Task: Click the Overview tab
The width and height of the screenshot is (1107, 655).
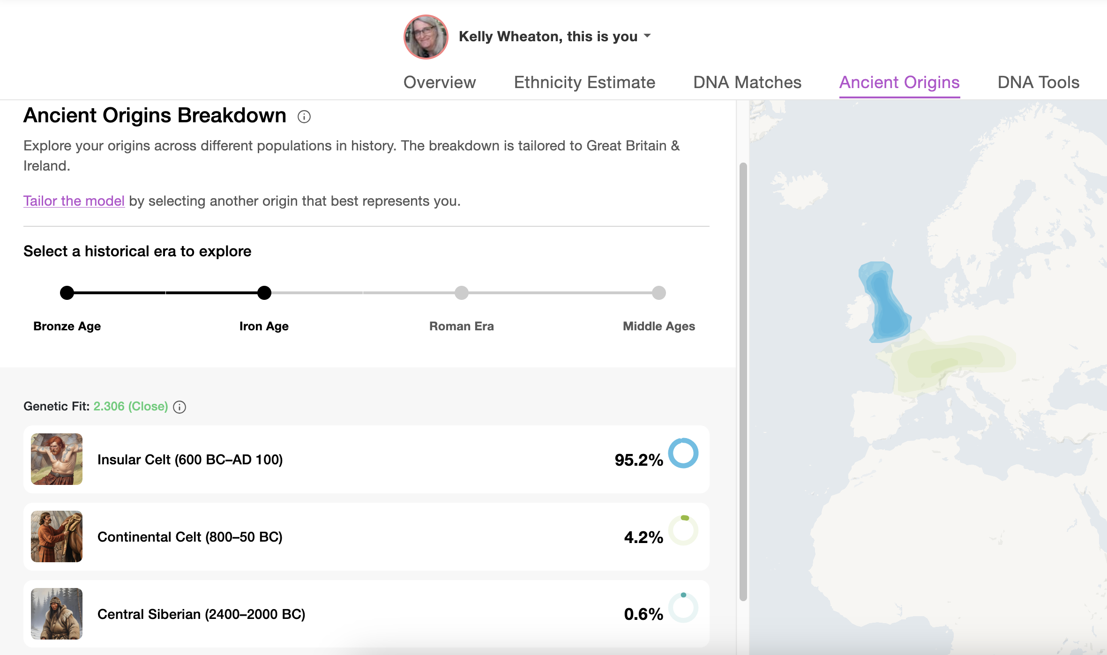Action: click(440, 82)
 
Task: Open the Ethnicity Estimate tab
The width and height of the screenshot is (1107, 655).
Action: click(584, 82)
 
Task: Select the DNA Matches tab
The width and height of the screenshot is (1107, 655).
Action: click(747, 82)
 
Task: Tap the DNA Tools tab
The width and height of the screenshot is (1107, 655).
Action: click(1038, 82)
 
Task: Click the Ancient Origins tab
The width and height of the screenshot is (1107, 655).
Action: click(899, 82)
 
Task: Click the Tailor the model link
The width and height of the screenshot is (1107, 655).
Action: click(74, 201)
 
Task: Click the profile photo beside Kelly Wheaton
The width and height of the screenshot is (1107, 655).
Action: click(426, 37)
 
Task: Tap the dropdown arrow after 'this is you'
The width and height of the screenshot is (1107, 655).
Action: click(647, 36)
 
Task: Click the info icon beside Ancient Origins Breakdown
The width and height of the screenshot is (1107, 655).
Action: click(304, 117)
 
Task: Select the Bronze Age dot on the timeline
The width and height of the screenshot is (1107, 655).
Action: click(67, 293)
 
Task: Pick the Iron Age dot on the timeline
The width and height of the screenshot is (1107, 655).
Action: click(264, 293)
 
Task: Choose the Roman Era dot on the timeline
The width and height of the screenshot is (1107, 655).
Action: click(462, 293)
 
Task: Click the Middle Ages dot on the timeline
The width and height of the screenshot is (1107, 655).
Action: click(659, 293)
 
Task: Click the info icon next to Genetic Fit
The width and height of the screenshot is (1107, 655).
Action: click(180, 407)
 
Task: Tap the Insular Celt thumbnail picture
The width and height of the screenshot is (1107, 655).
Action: click(57, 459)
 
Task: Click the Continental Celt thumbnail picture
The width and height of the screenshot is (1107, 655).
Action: click(57, 536)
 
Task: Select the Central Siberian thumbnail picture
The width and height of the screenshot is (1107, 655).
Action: click(57, 614)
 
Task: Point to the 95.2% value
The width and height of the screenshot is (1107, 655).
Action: click(639, 460)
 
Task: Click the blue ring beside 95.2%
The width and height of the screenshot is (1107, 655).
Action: click(683, 453)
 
